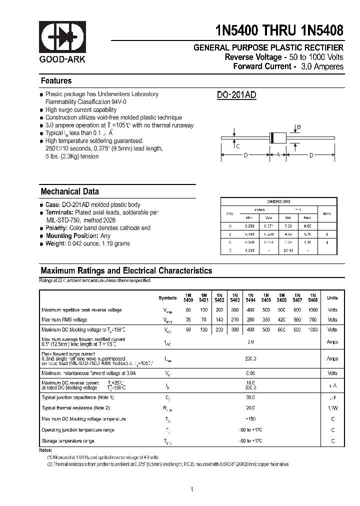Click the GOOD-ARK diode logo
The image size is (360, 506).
coord(62,38)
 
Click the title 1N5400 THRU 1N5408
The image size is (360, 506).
coord(279,30)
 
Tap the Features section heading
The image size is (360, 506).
coord(56,81)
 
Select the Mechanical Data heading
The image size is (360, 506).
coord(69,191)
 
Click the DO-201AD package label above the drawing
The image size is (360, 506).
coord(236,95)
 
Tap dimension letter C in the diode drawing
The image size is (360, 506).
coord(237,146)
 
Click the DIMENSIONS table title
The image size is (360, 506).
coord(278,201)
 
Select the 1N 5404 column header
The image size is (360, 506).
coord(250,297)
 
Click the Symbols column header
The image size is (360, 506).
coord(167,298)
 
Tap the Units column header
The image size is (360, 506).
coord(332,298)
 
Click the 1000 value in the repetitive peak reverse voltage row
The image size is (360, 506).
coord(313,310)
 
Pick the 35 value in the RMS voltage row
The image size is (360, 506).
coord(188,319)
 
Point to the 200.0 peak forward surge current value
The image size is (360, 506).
coord(250,358)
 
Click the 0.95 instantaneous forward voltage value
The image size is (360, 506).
coord(250,373)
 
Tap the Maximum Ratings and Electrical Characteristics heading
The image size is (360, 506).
coord(126,270)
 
